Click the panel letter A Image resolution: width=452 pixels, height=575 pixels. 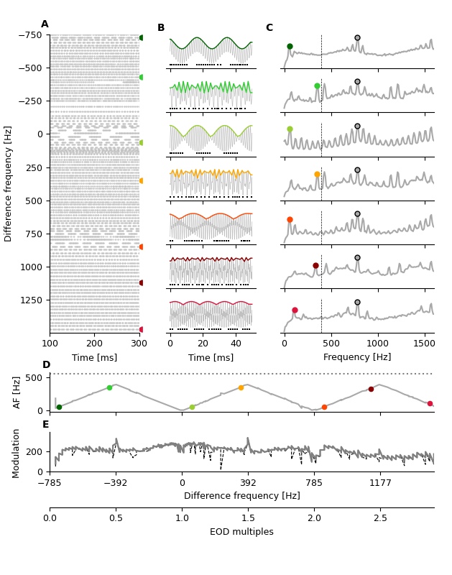point(45,24)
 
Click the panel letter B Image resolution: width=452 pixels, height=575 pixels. point(161,28)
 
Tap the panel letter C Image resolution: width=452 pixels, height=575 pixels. point(269,28)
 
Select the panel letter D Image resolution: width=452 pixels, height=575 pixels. point(46,365)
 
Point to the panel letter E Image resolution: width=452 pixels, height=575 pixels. point(46,425)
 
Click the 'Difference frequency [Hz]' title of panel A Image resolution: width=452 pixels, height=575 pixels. point(9,183)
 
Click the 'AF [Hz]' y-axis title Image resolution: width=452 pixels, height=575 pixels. point(17,392)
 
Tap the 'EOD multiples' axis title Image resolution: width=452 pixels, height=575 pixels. point(241,532)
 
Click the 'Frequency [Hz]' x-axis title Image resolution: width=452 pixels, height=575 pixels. point(357,357)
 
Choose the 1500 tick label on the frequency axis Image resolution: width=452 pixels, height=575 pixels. point(424,344)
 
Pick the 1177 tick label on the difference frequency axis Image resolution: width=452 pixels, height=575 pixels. point(380,483)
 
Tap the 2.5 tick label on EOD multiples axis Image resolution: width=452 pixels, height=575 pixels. point(380,518)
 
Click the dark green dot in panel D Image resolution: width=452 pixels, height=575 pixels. point(59,407)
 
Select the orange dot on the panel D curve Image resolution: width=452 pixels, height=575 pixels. point(241,387)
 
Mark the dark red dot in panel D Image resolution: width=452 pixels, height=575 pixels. point(371,389)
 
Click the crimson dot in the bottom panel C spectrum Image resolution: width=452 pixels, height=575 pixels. point(295,310)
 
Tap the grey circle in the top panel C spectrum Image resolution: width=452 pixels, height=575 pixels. point(357,37)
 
